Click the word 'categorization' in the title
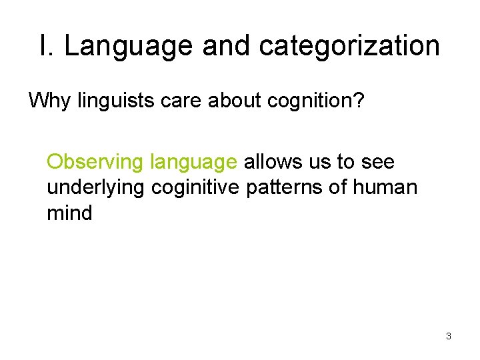pyautogui.click(x=349, y=46)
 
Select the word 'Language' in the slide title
pyautogui.click(x=127, y=46)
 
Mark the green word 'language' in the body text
pyautogui.click(x=193, y=162)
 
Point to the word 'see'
pyautogui.click(x=377, y=162)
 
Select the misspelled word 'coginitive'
pyautogui.click(x=196, y=188)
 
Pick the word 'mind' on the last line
pyautogui.click(x=69, y=214)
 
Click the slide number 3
pyautogui.click(x=449, y=336)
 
